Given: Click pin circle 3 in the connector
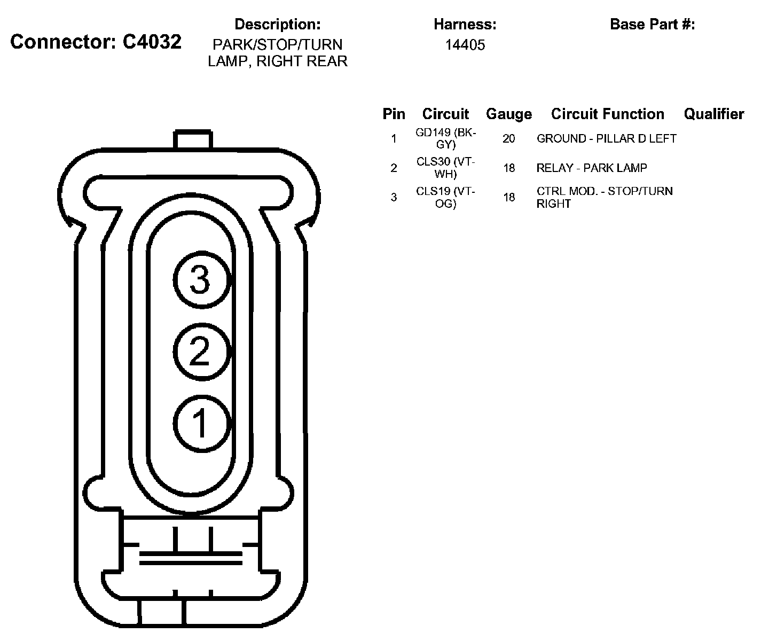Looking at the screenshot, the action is coord(202,280).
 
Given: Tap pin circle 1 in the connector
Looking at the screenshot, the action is coord(202,423).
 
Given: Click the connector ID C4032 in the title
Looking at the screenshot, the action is coord(152,42).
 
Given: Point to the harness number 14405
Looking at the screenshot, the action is coord(465,45).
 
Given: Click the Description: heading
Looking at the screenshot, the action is coord(278,24).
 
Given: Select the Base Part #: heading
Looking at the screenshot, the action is coord(652,24).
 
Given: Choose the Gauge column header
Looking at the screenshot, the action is coord(508,114).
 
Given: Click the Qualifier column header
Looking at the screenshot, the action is coord(713,114).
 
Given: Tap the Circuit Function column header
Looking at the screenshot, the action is coord(607,114).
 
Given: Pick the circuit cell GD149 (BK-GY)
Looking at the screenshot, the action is coord(446,138).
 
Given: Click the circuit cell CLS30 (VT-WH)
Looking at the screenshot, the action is coord(446,168).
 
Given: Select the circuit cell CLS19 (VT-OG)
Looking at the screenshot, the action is coord(446,197).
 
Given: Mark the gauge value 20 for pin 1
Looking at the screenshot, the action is coord(508,139).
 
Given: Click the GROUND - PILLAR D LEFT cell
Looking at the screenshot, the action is coord(606,139).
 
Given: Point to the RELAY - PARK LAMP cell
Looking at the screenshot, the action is coord(592,168).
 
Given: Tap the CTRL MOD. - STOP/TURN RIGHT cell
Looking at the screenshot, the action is coord(605,197).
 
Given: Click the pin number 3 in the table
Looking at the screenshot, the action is coord(394,198).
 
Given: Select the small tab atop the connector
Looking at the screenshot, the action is coord(193,139).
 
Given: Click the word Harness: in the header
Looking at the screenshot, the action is coord(465,24).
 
